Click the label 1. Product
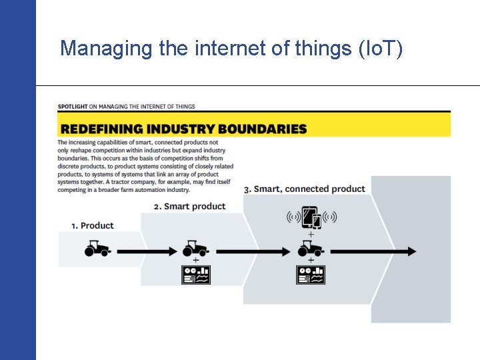point(93,225)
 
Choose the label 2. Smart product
point(189,206)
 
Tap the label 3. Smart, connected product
point(305,189)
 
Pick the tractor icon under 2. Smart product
point(195,249)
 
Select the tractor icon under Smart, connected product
point(311,249)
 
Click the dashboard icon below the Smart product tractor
point(196,275)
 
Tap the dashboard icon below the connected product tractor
point(311,275)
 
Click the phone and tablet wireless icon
point(311,217)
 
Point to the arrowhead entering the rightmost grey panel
point(411,251)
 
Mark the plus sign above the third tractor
point(311,235)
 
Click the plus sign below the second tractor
point(196,260)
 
